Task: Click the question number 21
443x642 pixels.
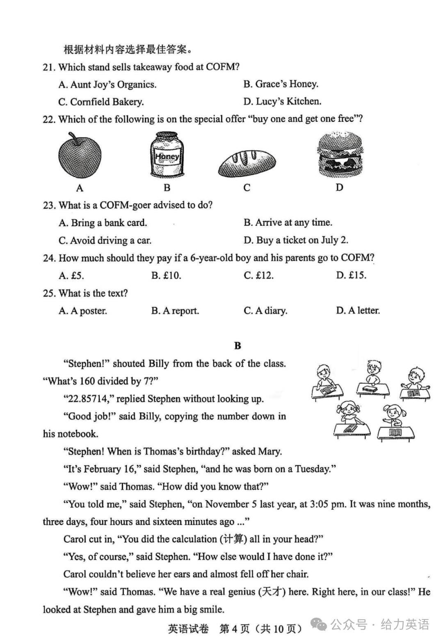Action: pyautogui.click(x=49, y=67)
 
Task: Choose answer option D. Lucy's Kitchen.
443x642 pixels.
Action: pyautogui.click(x=282, y=101)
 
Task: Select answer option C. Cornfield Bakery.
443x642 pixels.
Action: pyautogui.click(x=101, y=102)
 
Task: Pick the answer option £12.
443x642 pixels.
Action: pyautogui.click(x=258, y=275)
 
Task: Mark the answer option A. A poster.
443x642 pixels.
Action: pyautogui.click(x=82, y=311)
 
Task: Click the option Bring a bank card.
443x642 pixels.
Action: pyautogui.click(x=103, y=223)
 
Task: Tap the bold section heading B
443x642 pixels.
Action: pyautogui.click(x=237, y=346)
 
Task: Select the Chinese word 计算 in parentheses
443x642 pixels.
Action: pyautogui.click(x=233, y=539)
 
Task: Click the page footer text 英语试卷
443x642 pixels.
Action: pyautogui.click(x=188, y=628)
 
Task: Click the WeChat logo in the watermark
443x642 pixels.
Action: pyautogui.click(x=319, y=624)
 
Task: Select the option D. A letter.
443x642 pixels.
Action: pyautogui.click(x=358, y=311)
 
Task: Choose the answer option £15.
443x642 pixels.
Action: pyautogui.click(x=352, y=275)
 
